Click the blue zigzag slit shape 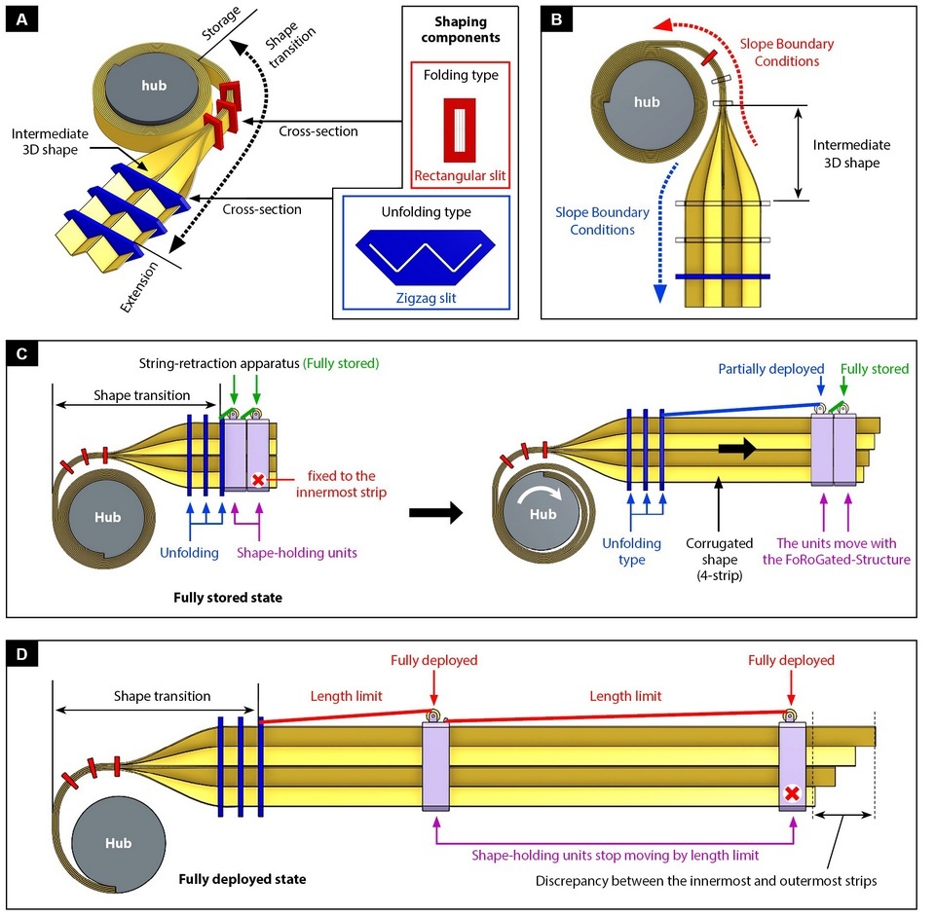pyautogui.click(x=428, y=251)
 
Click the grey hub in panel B pyautogui.click(x=646, y=101)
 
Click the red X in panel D pyautogui.click(x=793, y=793)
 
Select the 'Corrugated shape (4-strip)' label pyautogui.click(x=717, y=560)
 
